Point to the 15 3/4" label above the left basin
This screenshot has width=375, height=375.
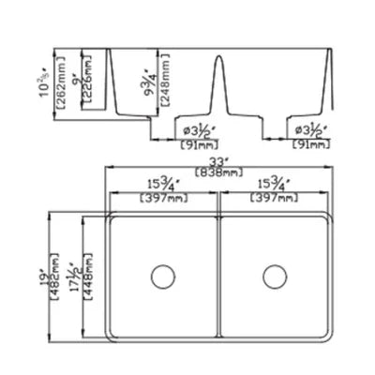[164, 187]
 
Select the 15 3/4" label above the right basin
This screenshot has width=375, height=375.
[274, 187]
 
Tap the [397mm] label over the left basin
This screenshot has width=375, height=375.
[164, 199]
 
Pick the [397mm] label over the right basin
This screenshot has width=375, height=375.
[274, 199]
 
